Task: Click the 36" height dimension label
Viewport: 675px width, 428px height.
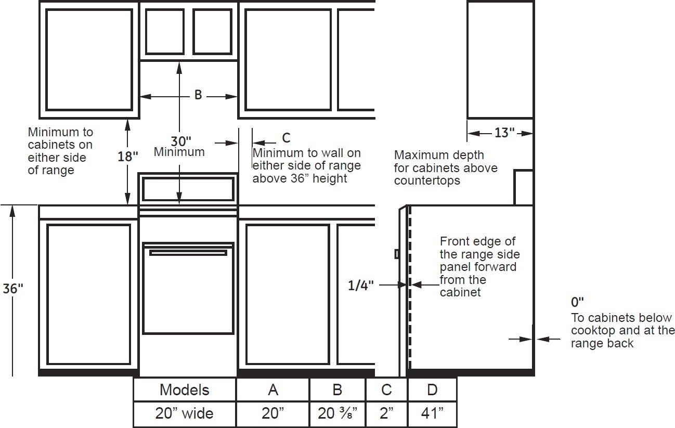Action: (13, 289)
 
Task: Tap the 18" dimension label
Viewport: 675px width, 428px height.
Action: (128, 157)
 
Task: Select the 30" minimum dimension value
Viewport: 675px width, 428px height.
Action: (181, 141)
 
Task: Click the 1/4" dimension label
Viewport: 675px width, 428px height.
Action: (361, 285)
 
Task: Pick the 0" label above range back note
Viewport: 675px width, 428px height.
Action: (577, 302)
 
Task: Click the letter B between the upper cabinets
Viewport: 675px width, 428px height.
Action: (198, 95)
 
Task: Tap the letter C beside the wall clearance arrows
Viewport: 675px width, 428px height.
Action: (286, 138)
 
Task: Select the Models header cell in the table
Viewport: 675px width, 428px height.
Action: (185, 390)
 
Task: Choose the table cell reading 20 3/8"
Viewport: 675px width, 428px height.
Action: (337, 413)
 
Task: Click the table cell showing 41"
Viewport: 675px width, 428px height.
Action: (432, 413)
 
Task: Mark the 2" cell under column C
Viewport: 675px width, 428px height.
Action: (386, 413)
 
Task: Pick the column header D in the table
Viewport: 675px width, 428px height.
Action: (432, 390)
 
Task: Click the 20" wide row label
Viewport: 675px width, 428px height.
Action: (185, 413)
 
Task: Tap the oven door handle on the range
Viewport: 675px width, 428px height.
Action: (188, 253)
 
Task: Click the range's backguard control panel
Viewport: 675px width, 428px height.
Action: (188, 189)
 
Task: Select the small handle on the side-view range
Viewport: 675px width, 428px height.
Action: (397, 254)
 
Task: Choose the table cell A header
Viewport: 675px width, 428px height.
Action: (273, 390)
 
